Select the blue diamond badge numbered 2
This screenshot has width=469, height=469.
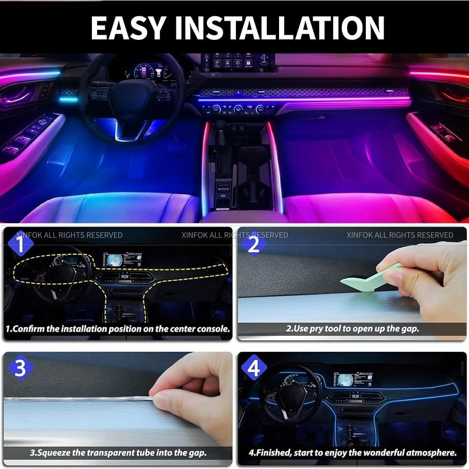pyautogui.click(x=253, y=244)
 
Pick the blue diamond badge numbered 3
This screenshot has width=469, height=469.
pyautogui.click(x=20, y=369)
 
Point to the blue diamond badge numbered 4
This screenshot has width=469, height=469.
pyautogui.click(x=253, y=369)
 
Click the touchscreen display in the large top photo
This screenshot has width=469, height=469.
pyautogui.click(x=238, y=62)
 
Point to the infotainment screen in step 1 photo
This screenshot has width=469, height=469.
pyautogui.click(x=121, y=260)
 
